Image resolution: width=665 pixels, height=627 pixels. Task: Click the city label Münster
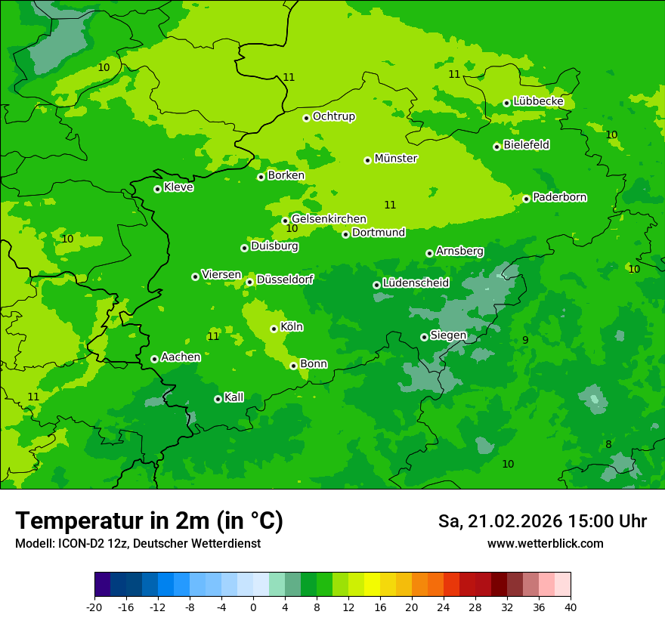pos(396,159)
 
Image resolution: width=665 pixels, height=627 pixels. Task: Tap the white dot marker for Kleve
pos(157,189)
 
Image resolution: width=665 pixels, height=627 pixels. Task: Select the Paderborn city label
pos(559,197)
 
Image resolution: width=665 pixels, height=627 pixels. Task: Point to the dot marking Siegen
pos(424,337)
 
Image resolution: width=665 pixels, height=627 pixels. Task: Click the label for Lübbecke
pos(538,101)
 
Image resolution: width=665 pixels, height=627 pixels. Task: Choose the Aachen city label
pos(181,357)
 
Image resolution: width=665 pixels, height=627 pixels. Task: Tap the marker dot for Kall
pos(218,399)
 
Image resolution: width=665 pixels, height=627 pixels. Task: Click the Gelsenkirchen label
pos(329,219)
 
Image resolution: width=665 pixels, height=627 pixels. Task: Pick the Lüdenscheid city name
pos(416,283)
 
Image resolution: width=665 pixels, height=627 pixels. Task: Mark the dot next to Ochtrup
pos(306,118)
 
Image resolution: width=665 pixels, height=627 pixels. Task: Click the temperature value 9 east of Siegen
pos(525,340)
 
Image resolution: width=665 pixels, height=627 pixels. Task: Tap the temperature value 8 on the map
pos(608,444)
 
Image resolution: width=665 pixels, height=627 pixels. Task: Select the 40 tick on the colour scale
pos(571,607)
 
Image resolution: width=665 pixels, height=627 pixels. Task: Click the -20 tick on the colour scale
pos(94,607)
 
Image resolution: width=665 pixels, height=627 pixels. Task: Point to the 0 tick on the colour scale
pos(253,607)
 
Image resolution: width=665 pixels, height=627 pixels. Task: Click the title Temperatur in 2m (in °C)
pos(149,521)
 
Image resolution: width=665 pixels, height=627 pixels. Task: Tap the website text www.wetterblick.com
pos(545,544)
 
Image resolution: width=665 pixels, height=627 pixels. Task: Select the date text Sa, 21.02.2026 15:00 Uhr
pos(542,521)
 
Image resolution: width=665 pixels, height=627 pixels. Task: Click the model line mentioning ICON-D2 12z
pos(138,544)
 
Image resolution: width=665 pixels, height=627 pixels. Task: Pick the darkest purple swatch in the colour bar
pos(102,585)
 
